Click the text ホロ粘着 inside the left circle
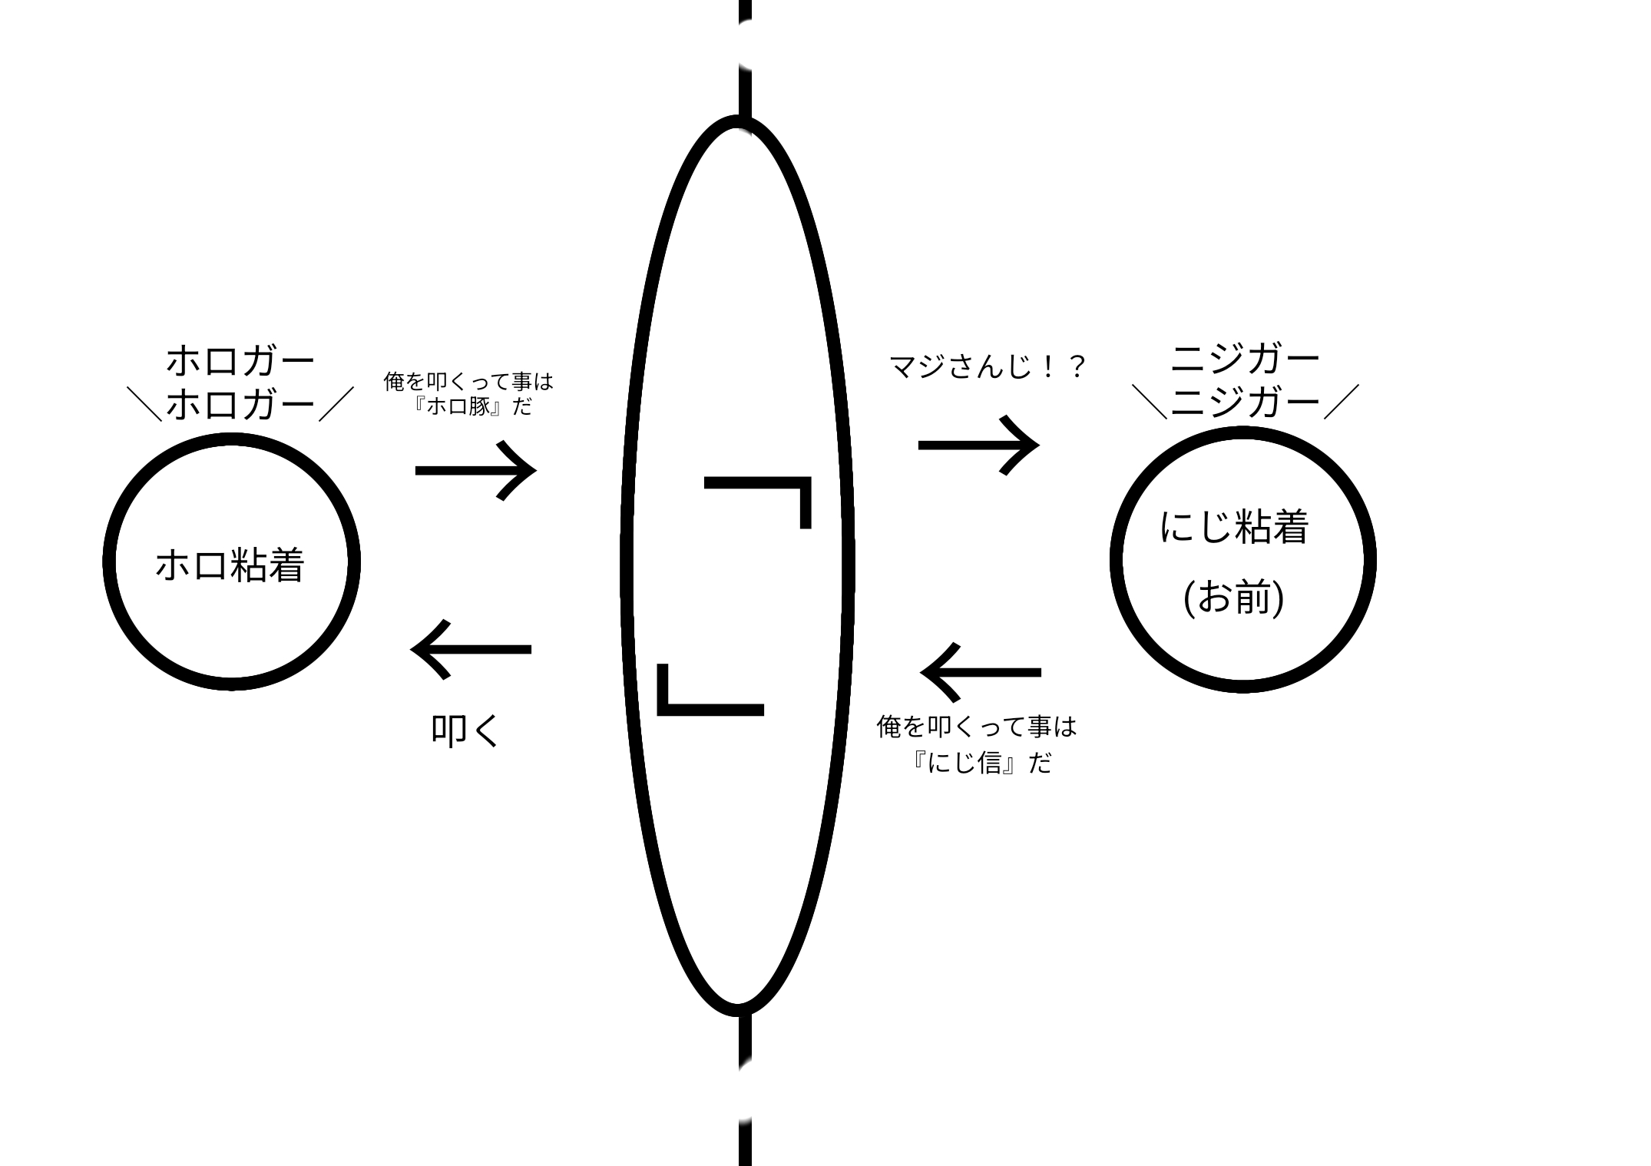click(x=230, y=565)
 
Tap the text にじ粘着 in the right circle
click(x=1233, y=527)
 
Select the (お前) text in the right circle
click(x=1233, y=598)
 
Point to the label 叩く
click(x=465, y=730)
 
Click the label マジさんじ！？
click(x=988, y=366)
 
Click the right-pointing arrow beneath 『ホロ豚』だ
click(x=475, y=470)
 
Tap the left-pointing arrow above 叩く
click(x=471, y=650)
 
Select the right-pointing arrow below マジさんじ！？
click(x=978, y=445)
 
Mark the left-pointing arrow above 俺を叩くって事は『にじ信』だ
click(x=981, y=672)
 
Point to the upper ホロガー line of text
click(x=240, y=361)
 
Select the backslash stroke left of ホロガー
click(x=144, y=404)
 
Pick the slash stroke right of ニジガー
click(x=1342, y=402)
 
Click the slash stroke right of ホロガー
click(x=336, y=404)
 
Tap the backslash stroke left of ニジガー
click(x=1150, y=402)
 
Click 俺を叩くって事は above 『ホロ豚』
click(x=468, y=381)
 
